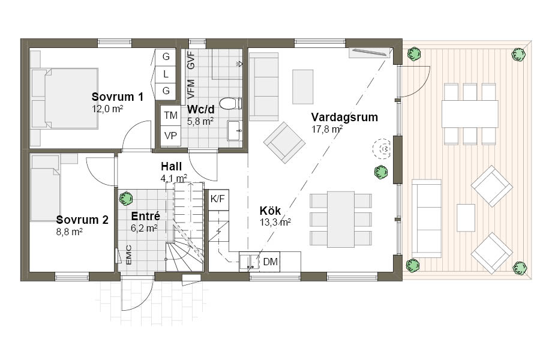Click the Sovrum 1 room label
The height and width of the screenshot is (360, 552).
point(117,97)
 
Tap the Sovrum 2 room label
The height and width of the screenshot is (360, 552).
point(82,220)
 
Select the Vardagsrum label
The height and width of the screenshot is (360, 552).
point(344,117)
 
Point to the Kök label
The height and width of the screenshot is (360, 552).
point(270,211)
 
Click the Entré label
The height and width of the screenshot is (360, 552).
point(145,216)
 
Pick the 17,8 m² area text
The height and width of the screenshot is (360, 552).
point(327,130)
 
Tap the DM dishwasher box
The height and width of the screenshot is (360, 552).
point(270,262)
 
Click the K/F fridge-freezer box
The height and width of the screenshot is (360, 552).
point(218,199)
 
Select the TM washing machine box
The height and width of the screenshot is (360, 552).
point(170,115)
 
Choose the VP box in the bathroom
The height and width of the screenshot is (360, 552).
point(170,136)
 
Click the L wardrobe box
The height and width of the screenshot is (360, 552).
point(166,74)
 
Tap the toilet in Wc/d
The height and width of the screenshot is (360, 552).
point(230,103)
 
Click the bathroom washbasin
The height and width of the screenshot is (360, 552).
point(235,131)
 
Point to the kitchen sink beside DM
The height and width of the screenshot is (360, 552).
point(249,262)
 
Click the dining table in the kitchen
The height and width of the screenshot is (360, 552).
point(341,219)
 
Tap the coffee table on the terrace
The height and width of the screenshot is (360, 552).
point(466,217)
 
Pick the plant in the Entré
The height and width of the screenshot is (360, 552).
point(125,199)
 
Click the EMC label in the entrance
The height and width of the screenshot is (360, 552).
point(129,255)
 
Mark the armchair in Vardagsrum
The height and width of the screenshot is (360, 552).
point(284,143)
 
